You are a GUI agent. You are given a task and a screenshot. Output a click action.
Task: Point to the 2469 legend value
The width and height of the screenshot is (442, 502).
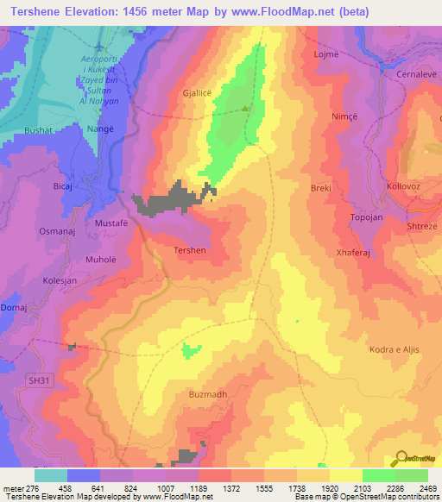(x=427, y=489)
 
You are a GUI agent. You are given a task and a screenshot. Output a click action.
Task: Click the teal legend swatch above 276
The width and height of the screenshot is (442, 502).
(x=50, y=475)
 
